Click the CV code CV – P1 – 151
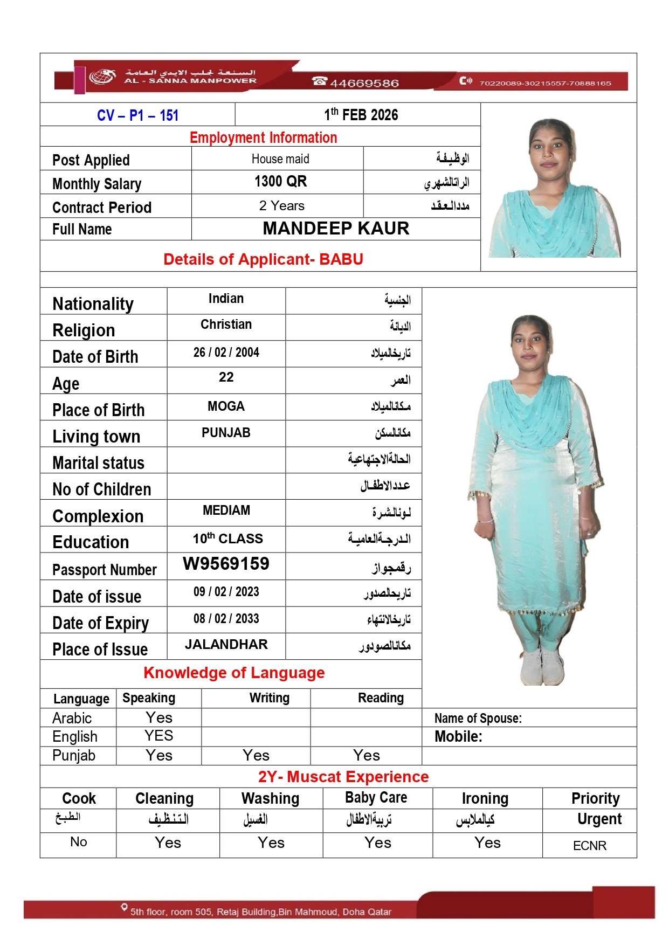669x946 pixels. pos(137,115)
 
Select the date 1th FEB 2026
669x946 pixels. pos(361,115)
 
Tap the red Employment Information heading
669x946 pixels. pos(263,138)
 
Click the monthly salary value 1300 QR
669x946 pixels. pos(280,182)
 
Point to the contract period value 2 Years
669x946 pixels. pos(281,206)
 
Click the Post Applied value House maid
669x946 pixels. pos(280,159)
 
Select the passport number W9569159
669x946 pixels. pos(226,564)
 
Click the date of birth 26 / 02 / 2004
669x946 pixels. pos(226,353)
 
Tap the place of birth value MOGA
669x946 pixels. pos(226,406)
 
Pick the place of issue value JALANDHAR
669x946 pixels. pos(226,645)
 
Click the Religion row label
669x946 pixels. pos(84,330)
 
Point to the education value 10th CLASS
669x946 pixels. pos(227,538)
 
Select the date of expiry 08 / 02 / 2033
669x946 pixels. pos(226,619)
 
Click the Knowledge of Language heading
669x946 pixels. pos(234,673)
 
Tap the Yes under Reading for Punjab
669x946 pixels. pos(366,756)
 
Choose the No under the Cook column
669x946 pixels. pos(78,842)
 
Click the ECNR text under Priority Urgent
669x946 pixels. pos(589,846)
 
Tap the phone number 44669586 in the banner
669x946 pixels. pos(364,83)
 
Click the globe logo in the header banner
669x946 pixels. pos(102,77)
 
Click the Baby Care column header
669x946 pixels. pos(376,798)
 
